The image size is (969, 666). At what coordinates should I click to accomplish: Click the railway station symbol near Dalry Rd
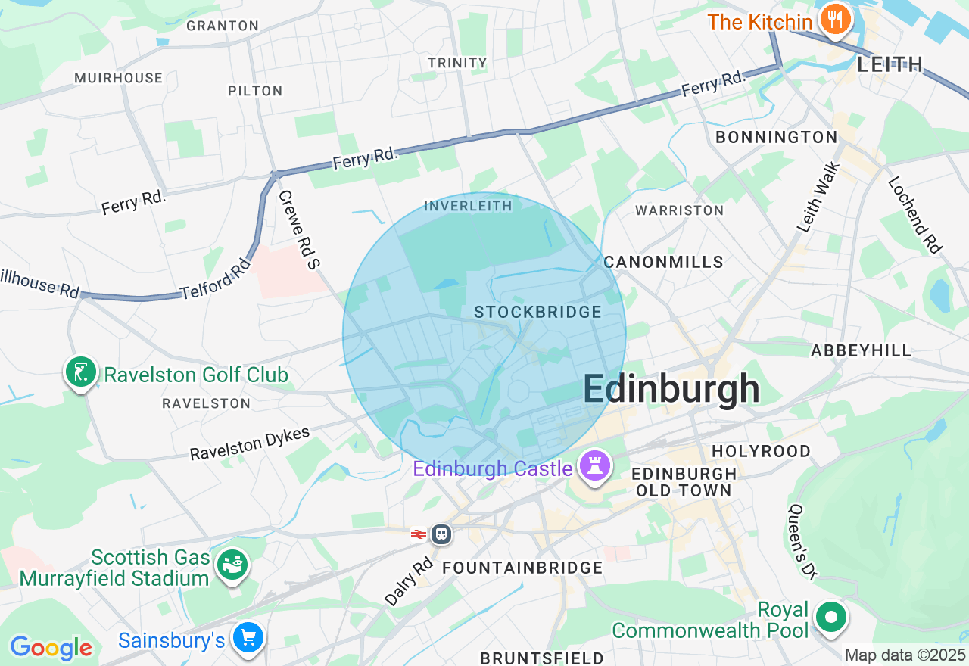pos(441,534)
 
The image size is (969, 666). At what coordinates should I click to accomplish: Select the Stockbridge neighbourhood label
pos(537,312)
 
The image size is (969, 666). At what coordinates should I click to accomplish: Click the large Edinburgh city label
pos(671,390)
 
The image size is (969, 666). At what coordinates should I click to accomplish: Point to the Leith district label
pos(890,64)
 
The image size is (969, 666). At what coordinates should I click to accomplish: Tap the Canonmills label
pos(663,262)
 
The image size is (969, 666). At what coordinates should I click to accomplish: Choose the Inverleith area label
pos(468,206)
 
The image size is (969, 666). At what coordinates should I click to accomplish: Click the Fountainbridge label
pos(522,568)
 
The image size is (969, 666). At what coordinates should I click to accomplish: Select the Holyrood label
pos(761,451)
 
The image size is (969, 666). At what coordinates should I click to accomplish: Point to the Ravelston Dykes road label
pos(250,444)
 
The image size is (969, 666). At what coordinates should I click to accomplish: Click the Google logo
pos(51,648)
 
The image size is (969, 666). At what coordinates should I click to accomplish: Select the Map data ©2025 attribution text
pos(905,655)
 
